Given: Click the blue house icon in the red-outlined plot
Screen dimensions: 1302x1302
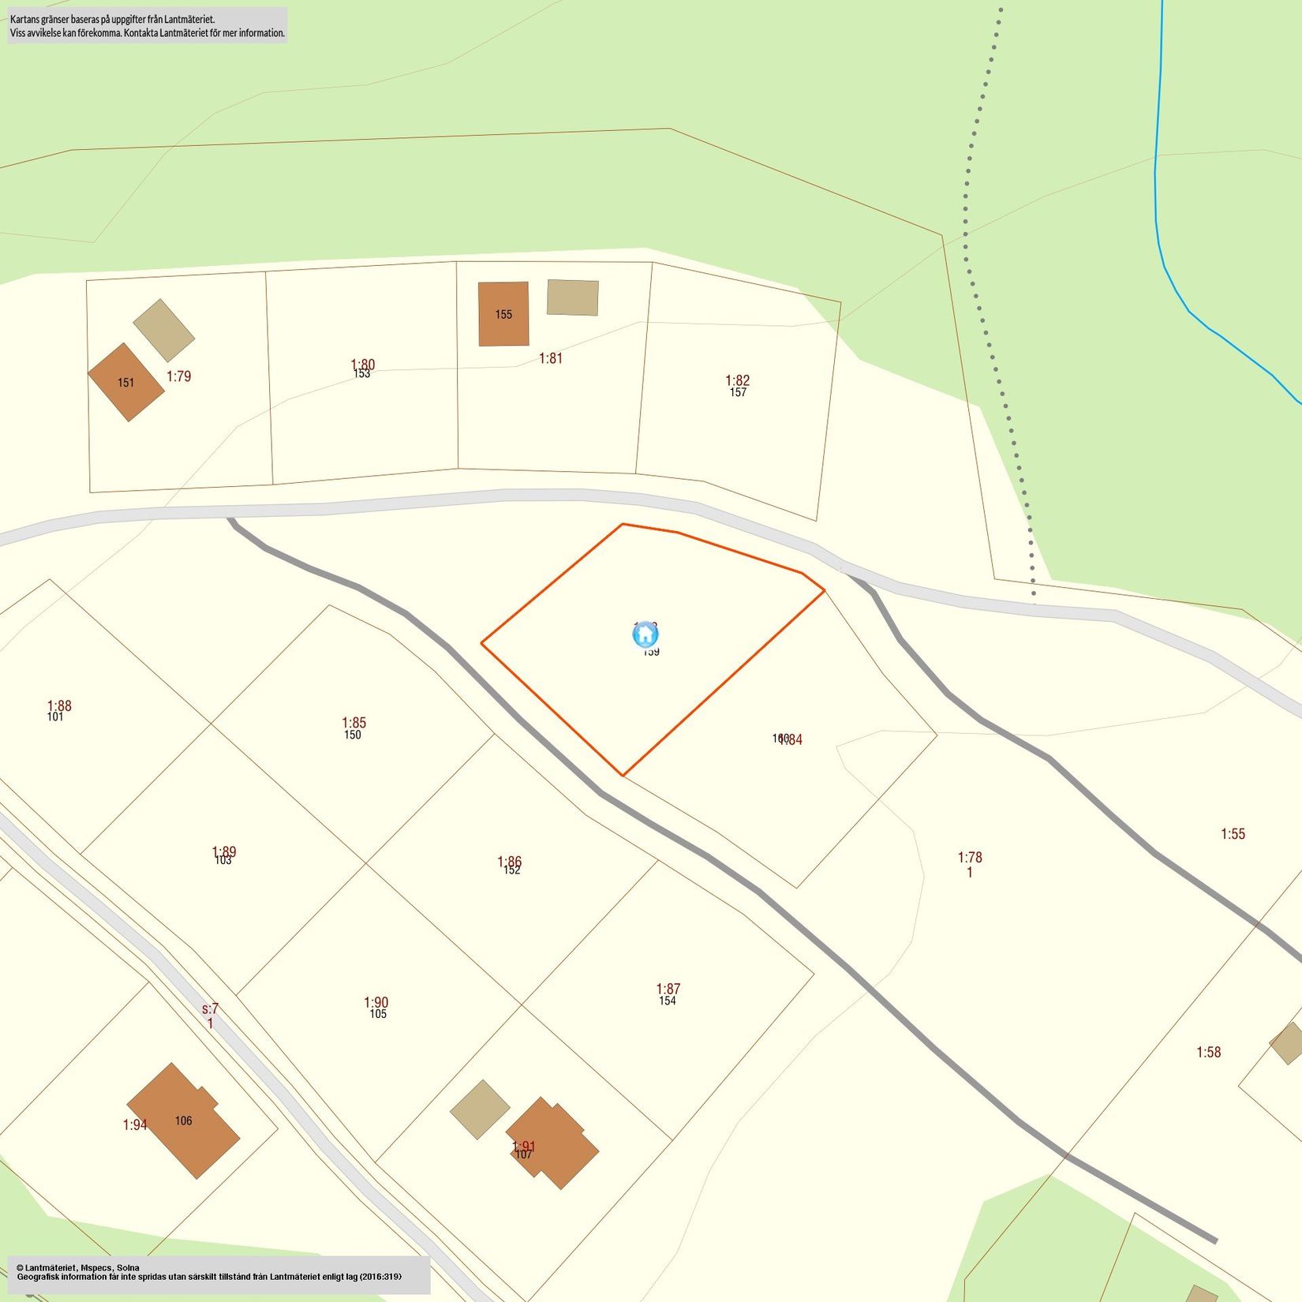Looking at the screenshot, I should [645, 634].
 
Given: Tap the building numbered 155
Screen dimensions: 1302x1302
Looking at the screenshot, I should [503, 314].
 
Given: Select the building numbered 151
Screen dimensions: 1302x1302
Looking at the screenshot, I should [126, 382].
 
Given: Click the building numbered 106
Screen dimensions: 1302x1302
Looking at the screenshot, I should [183, 1120].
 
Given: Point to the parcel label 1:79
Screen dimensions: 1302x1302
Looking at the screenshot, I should [179, 376].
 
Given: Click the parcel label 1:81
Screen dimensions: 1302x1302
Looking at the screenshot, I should [551, 358].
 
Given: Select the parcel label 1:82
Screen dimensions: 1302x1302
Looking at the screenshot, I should [738, 380].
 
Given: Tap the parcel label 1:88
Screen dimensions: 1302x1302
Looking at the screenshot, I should [59, 705].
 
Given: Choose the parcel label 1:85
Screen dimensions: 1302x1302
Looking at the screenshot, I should [354, 722].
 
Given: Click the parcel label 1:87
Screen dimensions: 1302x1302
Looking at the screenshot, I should [668, 989].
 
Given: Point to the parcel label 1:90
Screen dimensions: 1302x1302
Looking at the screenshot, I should [376, 1002].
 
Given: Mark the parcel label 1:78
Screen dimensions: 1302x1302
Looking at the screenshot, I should [970, 857].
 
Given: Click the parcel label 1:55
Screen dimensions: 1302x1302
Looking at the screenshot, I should [1233, 834].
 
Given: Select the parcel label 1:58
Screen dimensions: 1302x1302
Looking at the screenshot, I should [1208, 1052].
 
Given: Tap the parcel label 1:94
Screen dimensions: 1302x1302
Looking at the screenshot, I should [135, 1124].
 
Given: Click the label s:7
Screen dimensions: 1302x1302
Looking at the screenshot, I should [210, 1008].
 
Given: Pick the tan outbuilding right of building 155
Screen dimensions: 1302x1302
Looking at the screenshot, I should [573, 297].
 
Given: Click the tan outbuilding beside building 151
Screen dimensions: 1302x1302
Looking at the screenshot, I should [164, 330].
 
